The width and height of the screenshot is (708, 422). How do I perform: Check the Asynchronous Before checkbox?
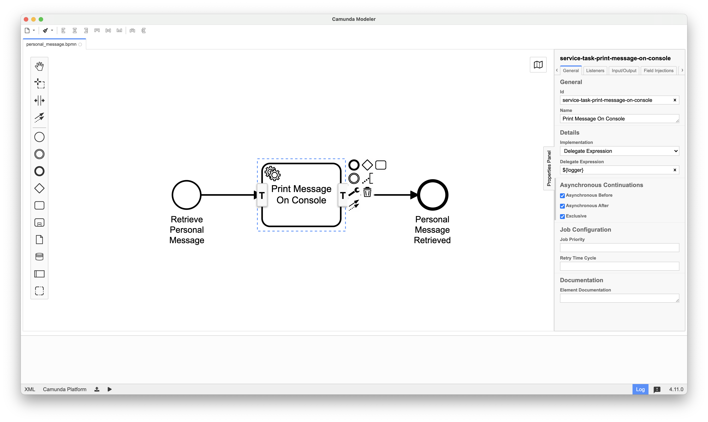pyautogui.click(x=562, y=196)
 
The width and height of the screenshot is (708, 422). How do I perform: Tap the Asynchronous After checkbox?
pyautogui.click(x=562, y=206)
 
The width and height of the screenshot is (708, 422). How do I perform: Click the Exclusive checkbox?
pyautogui.click(x=562, y=216)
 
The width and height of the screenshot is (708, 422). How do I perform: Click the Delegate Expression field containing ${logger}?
pyautogui.click(x=616, y=170)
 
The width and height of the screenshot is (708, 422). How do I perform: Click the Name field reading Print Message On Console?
pyautogui.click(x=617, y=119)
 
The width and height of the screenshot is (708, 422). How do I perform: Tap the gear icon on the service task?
pyautogui.click(x=272, y=173)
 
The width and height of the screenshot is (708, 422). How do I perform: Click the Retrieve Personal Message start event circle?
pyautogui.click(x=186, y=195)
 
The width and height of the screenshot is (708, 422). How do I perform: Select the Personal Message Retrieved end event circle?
pyautogui.click(x=432, y=195)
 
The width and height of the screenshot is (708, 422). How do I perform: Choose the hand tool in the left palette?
pyautogui.click(x=39, y=66)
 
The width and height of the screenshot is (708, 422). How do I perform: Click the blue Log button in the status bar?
pyautogui.click(x=640, y=389)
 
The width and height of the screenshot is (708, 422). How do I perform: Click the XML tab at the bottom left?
pyautogui.click(x=30, y=389)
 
